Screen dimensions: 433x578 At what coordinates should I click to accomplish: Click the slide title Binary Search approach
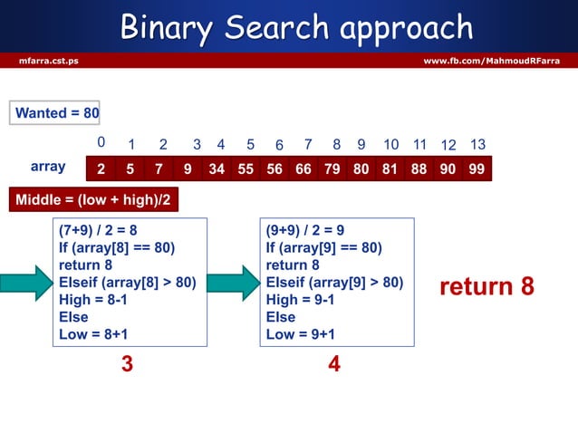tap(296, 27)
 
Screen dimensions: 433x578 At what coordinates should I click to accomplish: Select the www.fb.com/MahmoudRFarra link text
tap(492, 61)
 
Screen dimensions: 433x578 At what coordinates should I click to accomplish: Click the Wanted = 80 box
tap(56, 113)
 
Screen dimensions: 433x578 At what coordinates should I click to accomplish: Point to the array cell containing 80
tap(361, 168)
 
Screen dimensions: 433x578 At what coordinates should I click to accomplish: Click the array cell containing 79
tap(332, 168)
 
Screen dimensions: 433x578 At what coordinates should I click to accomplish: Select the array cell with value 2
tap(101, 168)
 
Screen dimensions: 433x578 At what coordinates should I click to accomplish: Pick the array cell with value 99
tap(476, 168)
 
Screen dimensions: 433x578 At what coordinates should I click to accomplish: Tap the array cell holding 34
tap(217, 168)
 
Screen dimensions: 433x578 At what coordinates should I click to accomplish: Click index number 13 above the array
tap(478, 145)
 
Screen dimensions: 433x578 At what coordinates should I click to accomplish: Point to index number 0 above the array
tap(101, 143)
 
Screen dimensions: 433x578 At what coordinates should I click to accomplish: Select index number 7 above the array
tap(308, 144)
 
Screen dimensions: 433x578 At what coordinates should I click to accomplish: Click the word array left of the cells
tap(48, 168)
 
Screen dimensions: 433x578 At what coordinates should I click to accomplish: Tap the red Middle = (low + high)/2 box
tap(93, 198)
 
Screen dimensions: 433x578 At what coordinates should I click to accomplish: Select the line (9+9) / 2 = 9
tap(305, 230)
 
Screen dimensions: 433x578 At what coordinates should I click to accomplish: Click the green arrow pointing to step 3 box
tap(25, 282)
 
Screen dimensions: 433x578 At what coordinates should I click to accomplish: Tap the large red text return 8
tap(486, 287)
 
